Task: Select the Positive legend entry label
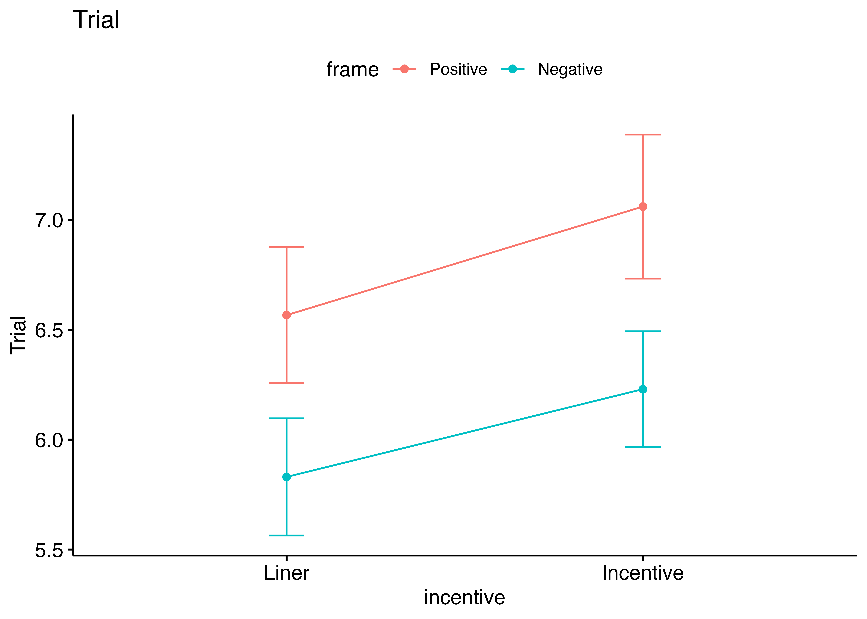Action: click(458, 69)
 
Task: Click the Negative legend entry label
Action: click(570, 69)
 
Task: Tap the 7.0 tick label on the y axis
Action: click(49, 220)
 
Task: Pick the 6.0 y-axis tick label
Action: click(49, 440)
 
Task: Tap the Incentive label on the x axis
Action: click(643, 573)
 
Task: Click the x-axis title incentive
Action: click(464, 597)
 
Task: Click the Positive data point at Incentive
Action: click(643, 207)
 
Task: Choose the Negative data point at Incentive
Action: click(643, 389)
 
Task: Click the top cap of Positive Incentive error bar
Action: click(643, 135)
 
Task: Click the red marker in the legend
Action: click(404, 69)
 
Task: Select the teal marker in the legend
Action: click(512, 69)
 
